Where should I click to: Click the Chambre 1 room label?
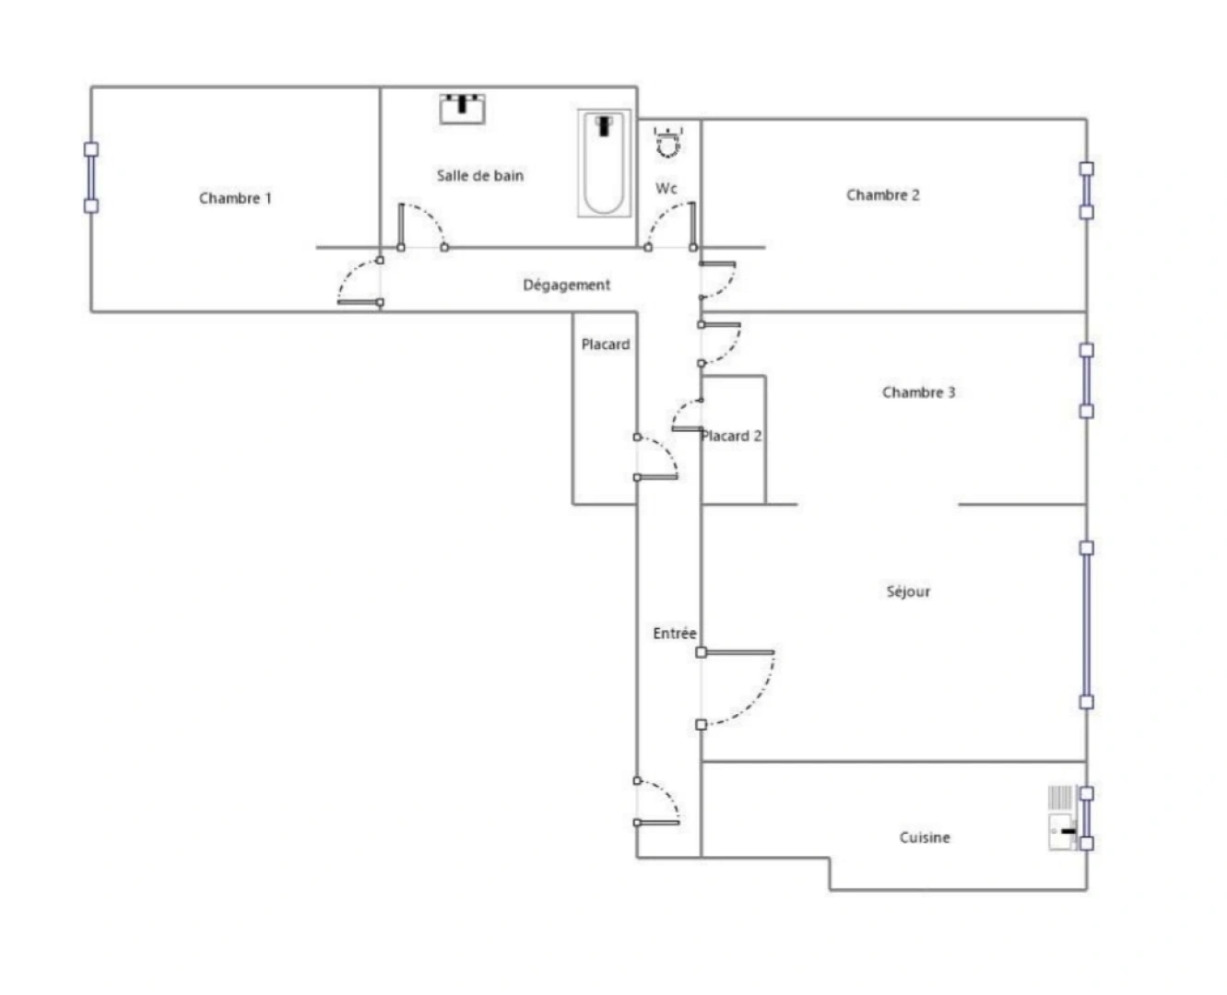(x=235, y=198)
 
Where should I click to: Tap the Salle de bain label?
(x=479, y=175)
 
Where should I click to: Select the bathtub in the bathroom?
(x=604, y=163)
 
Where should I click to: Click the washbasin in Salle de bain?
(x=463, y=108)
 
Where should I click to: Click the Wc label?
(x=666, y=188)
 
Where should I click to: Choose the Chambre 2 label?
(x=882, y=194)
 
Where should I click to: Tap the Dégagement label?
(x=566, y=285)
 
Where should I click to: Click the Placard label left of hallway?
(x=605, y=344)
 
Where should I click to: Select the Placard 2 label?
(x=732, y=436)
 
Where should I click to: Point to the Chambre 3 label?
(x=918, y=392)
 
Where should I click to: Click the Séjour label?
(x=908, y=591)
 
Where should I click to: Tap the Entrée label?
(x=674, y=633)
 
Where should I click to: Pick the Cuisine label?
(x=924, y=837)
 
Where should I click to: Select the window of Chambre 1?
(x=90, y=177)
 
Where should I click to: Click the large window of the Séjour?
(x=1086, y=625)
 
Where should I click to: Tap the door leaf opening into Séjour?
(x=737, y=652)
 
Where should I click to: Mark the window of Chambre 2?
(x=1086, y=190)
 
